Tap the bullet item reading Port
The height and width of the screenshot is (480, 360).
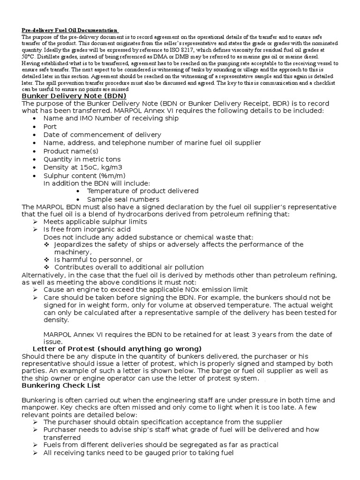(x=50, y=127)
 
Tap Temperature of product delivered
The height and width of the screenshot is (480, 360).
(x=142, y=191)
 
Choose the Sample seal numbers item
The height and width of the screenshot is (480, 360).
(x=123, y=199)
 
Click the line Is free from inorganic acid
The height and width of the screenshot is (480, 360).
(x=87, y=229)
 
